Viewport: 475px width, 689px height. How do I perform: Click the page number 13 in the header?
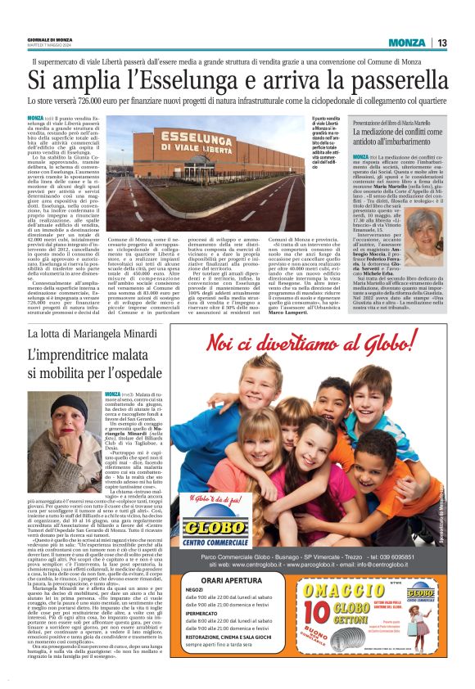click(x=441, y=43)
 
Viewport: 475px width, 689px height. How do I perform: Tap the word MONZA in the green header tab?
click(x=407, y=43)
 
